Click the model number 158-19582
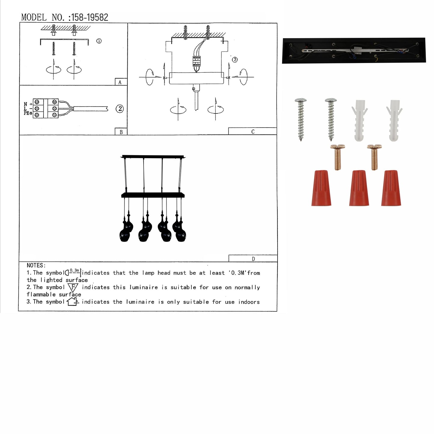(x=90, y=18)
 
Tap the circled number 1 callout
(x=99, y=41)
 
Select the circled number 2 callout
(x=120, y=109)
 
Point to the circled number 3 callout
(x=235, y=59)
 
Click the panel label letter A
(x=120, y=83)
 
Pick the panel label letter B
(x=121, y=132)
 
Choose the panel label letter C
(x=253, y=132)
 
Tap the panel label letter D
(x=253, y=259)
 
